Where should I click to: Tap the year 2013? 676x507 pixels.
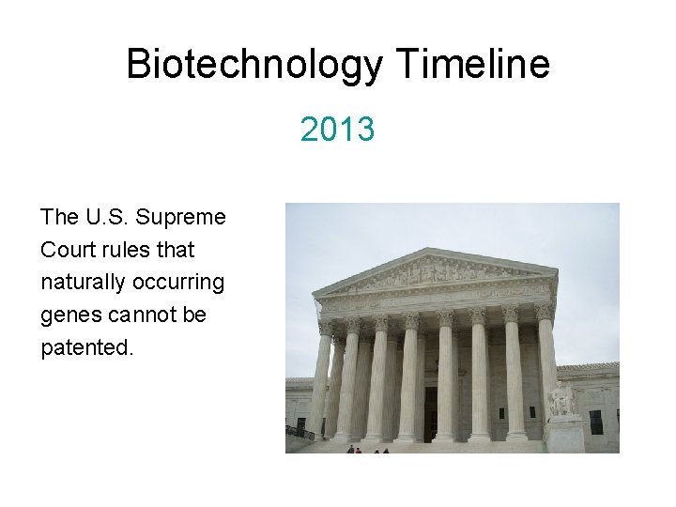pos(338,130)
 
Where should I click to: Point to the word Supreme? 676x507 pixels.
pos(181,218)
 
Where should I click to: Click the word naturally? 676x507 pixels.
pos(82,283)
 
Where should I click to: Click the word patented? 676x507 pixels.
pos(86,348)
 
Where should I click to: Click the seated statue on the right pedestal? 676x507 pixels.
pos(561,398)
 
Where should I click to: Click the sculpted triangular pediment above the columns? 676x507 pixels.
pos(436,272)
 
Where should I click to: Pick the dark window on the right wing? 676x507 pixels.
pos(595,422)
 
